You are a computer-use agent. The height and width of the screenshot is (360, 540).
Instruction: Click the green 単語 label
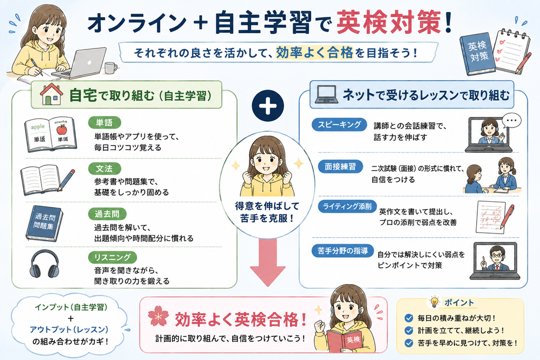pos(104,122)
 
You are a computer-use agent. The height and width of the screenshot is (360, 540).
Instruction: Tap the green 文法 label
pos(104,169)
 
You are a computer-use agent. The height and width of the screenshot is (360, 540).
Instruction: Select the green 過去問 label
pos(107,214)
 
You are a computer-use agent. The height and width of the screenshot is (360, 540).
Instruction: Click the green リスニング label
pos(113,257)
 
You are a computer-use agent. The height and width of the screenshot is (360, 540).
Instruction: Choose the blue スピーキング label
pos(339,124)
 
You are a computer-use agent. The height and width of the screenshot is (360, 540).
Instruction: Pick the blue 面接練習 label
pos(340,167)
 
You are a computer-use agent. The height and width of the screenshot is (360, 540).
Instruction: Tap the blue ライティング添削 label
pos(347,206)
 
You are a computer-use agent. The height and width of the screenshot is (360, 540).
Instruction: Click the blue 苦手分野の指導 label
pos(343,251)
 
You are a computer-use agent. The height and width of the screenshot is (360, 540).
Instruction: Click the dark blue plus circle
pos(268,105)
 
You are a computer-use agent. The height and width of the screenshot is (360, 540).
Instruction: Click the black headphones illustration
pos(44,264)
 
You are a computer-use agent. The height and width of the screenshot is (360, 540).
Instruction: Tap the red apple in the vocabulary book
pos(61,130)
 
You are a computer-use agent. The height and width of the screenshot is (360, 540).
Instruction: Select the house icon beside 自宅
pos(52,94)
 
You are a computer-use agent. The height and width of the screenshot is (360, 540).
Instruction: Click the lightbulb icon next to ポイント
pos(435,302)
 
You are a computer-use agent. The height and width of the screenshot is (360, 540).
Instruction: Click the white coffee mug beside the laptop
pos(111,68)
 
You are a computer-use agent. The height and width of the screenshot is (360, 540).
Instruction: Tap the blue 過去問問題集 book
pos(44,223)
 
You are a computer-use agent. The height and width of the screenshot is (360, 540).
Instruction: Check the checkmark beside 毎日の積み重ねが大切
pos(409,318)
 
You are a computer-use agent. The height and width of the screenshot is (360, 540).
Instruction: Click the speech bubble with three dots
pos(512,121)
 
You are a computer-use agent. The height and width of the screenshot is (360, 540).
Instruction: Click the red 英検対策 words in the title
pos(389,23)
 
